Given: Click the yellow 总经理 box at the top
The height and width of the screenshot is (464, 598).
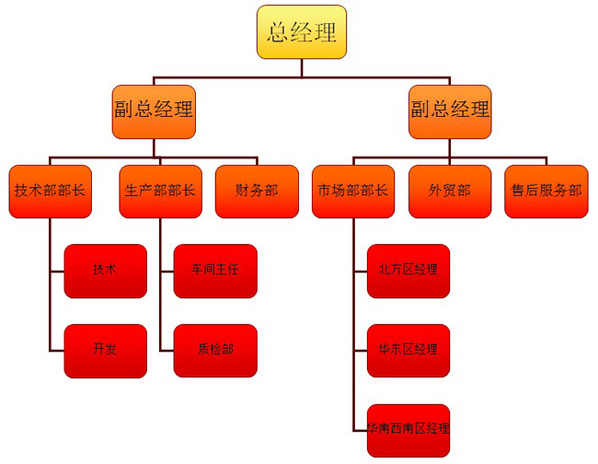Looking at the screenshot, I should click(x=302, y=32).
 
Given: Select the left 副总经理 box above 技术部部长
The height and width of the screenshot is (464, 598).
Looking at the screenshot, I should click(x=154, y=110).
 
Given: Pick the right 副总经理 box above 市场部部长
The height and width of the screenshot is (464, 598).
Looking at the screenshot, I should click(x=450, y=110).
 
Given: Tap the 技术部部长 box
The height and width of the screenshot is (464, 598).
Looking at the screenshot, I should click(x=50, y=191).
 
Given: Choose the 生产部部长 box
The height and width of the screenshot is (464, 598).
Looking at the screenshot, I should click(x=160, y=191).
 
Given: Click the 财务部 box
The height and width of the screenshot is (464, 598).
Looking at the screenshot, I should click(x=257, y=191).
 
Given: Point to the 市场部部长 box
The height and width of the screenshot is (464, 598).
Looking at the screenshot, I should click(x=353, y=191).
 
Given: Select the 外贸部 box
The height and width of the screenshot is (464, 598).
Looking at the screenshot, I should click(x=450, y=191).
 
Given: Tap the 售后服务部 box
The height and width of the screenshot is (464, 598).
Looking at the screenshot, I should click(x=546, y=191).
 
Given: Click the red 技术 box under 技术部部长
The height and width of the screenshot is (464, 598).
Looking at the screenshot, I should click(x=105, y=271).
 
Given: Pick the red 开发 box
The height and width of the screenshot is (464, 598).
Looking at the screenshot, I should click(x=105, y=350).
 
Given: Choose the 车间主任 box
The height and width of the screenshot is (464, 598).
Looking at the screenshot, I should click(x=215, y=271).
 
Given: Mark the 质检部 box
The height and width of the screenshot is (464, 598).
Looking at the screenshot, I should click(x=215, y=350).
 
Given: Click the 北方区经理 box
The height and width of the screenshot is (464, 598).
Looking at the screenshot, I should click(x=408, y=271).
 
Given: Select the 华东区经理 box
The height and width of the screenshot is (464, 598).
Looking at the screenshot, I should click(x=408, y=350).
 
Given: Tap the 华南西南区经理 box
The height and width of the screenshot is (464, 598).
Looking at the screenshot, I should click(x=408, y=429).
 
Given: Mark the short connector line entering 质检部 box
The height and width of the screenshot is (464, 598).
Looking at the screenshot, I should click(x=166, y=350).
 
